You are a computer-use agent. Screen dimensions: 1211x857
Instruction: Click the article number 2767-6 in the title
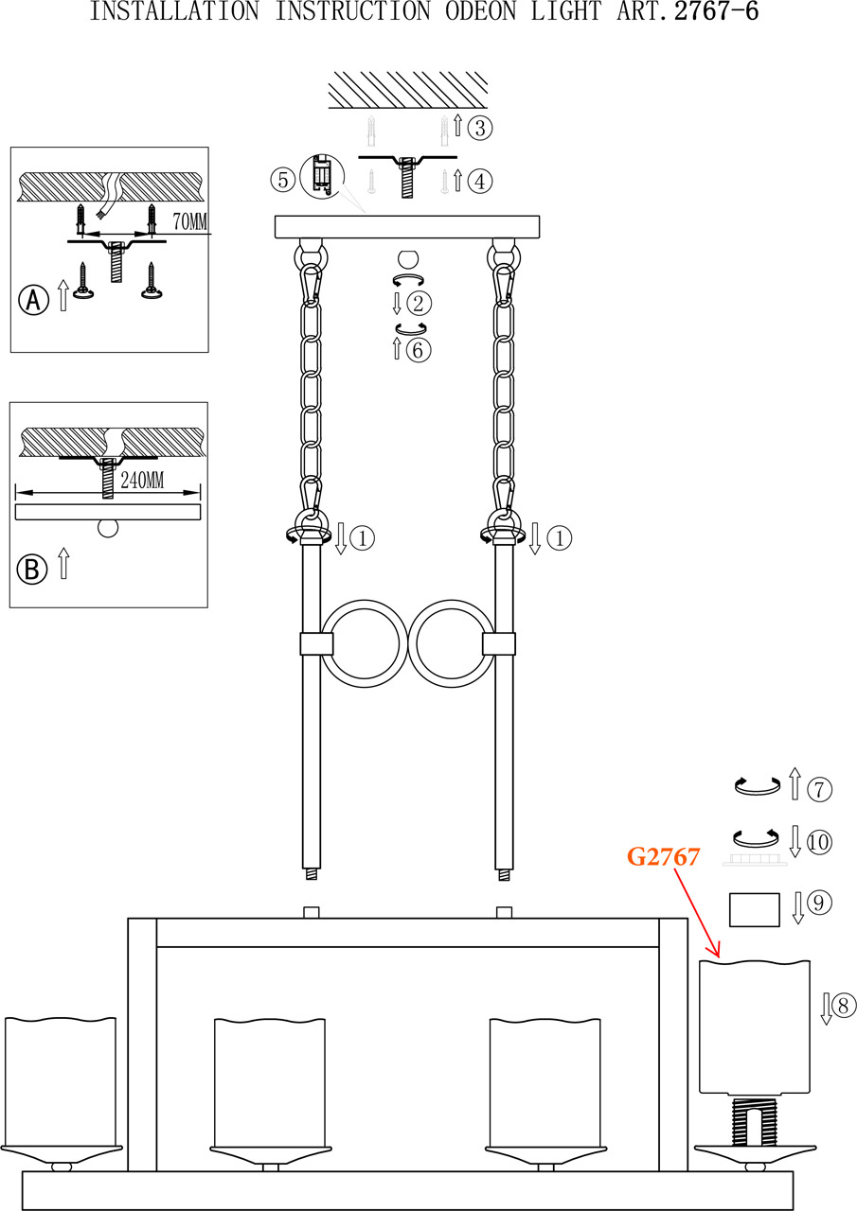coord(716,12)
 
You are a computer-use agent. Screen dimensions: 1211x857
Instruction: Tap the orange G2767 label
coord(663,857)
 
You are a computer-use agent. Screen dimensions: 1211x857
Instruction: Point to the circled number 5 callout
coord(282,178)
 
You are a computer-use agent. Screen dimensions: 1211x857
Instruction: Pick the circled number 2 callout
coord(419,304)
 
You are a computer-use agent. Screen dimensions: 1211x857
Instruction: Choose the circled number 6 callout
coord(419,350)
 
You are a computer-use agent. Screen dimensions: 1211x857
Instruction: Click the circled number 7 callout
coord(820,787)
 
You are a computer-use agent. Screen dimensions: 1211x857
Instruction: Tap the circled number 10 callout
coord(820,840)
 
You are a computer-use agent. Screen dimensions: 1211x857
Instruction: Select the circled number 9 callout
coord(820,904)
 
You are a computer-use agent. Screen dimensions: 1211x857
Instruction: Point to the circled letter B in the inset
coord(33,569)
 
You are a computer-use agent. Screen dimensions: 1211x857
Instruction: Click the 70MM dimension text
coord(190,221)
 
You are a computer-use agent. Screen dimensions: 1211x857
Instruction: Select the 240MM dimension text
coord(142,481)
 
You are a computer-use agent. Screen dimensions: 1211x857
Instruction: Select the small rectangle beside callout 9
coord(755,909)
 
